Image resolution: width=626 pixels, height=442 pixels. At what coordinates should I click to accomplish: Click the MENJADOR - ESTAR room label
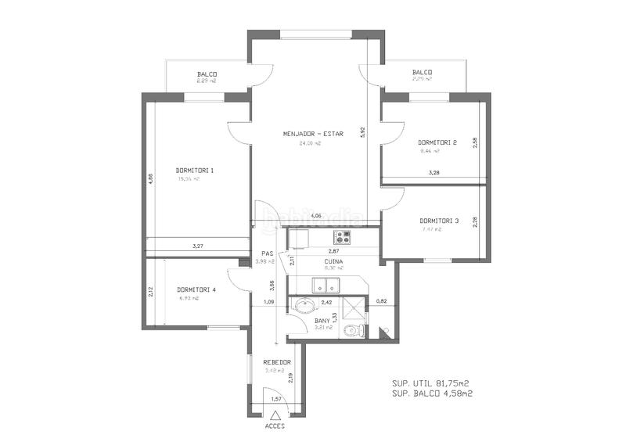pyautogui.click(x=313, y=134)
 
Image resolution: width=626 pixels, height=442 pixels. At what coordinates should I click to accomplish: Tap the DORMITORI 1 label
pyautogui.click(x=195, y=170)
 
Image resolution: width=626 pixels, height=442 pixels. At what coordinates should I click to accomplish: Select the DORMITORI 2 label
pyautogui.click(x=437, y=142)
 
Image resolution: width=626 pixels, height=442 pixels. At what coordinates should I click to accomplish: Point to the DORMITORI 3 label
pyautogui.click(x=439, y=220)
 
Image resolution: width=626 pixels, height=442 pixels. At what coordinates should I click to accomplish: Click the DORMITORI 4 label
pyautogui.click(x=196, y=289)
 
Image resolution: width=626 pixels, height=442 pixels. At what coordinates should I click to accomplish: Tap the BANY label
pyautogui.click(x=322, y=320)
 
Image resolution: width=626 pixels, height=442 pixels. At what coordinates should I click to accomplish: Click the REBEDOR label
pyautogui.click(x=277, y=362)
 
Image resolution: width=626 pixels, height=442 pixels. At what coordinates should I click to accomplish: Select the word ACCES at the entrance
pyautogui.click(x=275, y=426)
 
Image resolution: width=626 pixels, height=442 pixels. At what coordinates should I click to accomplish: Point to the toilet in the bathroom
pyautogui.click(x=354, y=330)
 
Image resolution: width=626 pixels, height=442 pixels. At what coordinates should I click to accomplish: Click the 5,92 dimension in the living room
pyautogui.click(x=363, y=133)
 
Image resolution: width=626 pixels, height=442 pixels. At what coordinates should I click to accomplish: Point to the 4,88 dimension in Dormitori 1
pyautogui.click(x=150, y=179)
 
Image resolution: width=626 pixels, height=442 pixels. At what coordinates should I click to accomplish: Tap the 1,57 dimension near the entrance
pyautogui.click(x=275, y=400)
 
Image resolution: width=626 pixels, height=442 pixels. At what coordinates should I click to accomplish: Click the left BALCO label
pyautogui.click(x=207, y=74)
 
